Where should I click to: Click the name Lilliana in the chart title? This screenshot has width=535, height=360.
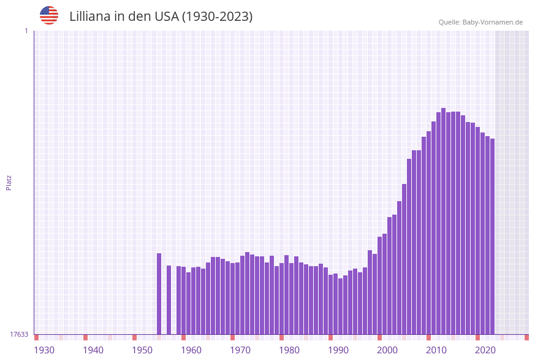[x=93, y=17]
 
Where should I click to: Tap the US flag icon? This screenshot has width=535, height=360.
[x=49, y=15]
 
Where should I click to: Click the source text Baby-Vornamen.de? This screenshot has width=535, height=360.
[x=493, y=22]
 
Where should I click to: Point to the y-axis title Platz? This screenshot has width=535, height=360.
[x=9, y=182]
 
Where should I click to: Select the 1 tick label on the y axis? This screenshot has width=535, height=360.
[x=26, y=31]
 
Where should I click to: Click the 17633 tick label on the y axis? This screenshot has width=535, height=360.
[x=19, y=334]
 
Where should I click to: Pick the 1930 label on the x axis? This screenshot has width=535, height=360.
[x=44, y=350]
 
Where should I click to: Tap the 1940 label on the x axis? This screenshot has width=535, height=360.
[x=93, y=350]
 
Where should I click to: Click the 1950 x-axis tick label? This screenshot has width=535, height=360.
[x=142, y=350]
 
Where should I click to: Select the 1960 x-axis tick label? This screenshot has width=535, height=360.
[x=191, y=350]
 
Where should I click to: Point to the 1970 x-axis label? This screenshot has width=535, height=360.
[x=240, y=350]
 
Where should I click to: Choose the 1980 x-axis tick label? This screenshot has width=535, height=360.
[x=289, y=350]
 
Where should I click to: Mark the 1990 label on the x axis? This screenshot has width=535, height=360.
[x=338, y=350]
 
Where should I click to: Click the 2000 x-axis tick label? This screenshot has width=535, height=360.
[x=387, y=350]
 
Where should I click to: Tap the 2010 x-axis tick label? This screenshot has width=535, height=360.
[x=436, y=350]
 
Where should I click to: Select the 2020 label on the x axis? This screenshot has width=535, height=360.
[x=485, y=350]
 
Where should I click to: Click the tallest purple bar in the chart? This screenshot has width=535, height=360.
[x=443, y=221]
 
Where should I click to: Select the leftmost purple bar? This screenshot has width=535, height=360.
[x=159, y=294]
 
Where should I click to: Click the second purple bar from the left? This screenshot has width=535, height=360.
[x=169, y=300]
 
